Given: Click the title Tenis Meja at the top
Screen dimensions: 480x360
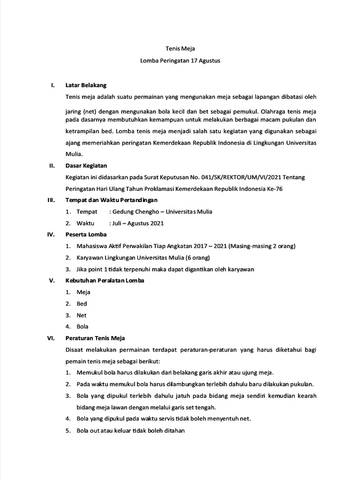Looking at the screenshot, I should tap(180, 49).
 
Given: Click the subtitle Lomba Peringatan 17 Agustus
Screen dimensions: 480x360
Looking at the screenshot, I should tap(180, 61).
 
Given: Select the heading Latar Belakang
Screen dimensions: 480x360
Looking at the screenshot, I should tap(87, 85).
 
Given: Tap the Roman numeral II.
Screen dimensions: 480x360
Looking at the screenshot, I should tap(53, 165).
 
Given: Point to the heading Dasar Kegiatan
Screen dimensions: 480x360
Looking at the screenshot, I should tap(87, 165).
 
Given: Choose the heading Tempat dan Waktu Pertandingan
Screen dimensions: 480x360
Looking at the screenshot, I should tap(112, 200).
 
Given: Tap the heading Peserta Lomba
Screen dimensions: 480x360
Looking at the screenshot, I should tap(86, 234).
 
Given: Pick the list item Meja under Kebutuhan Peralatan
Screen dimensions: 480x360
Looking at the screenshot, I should tap(83, 292).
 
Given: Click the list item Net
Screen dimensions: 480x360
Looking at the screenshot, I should tap(82, 315).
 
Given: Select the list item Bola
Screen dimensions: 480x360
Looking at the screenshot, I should tap(82, 327).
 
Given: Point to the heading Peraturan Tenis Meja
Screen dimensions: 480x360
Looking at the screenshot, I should tap(95, 338).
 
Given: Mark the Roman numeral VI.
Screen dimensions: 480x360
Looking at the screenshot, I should tap(52, 338).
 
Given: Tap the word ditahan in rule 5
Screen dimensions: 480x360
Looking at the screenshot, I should tap(174, 431).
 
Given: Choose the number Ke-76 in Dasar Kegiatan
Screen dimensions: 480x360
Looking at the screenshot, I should tap(274, 188).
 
